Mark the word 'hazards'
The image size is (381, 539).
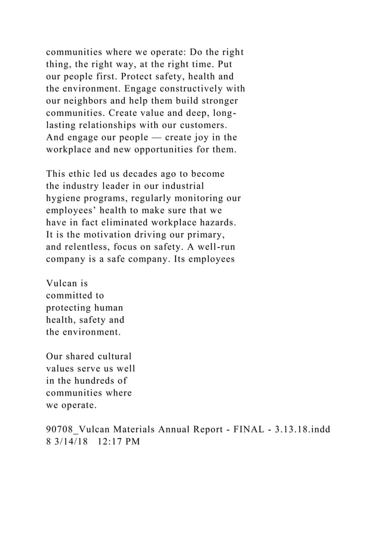point(213,223)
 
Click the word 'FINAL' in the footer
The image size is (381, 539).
point(230,430)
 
